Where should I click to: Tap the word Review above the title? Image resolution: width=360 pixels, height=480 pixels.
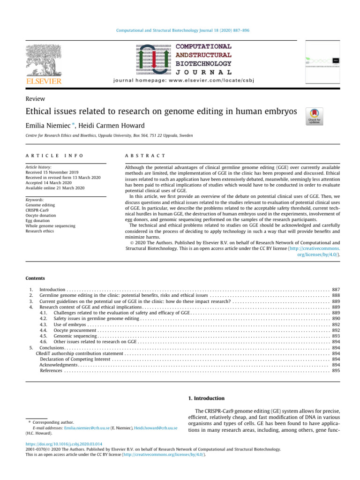tap(36, 98)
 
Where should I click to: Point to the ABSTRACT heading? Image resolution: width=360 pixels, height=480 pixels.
tap(145, 155)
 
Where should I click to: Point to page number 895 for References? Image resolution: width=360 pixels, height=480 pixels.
tap(336, 370)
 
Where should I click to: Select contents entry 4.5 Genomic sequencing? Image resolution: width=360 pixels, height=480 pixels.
tap(68, 337)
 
